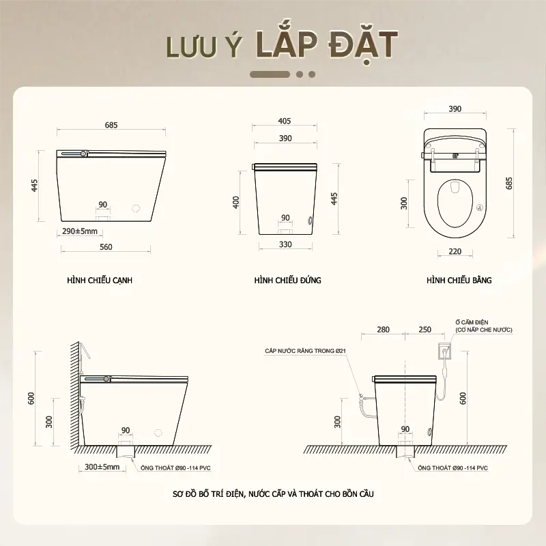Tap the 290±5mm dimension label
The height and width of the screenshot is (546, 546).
click(x=80, y=231)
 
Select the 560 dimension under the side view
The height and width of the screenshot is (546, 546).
click(x=106, y=247)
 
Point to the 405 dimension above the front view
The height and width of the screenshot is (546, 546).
click(x=285, y=121)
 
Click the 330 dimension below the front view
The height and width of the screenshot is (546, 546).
click(x=285, y=244)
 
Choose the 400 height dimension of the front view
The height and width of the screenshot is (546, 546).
click(x=235, y=202)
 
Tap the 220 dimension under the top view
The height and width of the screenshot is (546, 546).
click(x=455, y=251)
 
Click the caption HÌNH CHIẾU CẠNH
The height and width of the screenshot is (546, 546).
click(x=100, y=281)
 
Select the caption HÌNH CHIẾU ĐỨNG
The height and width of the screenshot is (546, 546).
click(x=287, y=281)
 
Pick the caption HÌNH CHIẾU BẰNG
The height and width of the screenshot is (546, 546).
click(x=459, y=281)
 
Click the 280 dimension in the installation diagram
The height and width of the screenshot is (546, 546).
click(x=383, y=330)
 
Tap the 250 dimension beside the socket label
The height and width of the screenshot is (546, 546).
click(x=425, y=330)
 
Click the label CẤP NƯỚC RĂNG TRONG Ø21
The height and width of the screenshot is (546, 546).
click(x=305, y=351)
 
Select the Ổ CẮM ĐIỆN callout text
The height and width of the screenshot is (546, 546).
click(x=484, y=326)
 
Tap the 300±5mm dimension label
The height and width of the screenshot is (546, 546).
click(x=102, y=467)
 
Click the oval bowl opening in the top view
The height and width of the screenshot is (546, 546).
click(x=455, y=203)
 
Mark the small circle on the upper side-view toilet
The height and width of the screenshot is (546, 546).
click(x=136, y=208)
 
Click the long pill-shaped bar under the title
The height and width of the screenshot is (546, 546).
click(x=270, y=74)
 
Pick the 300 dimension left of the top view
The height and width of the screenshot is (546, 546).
click(x=403, y=203)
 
